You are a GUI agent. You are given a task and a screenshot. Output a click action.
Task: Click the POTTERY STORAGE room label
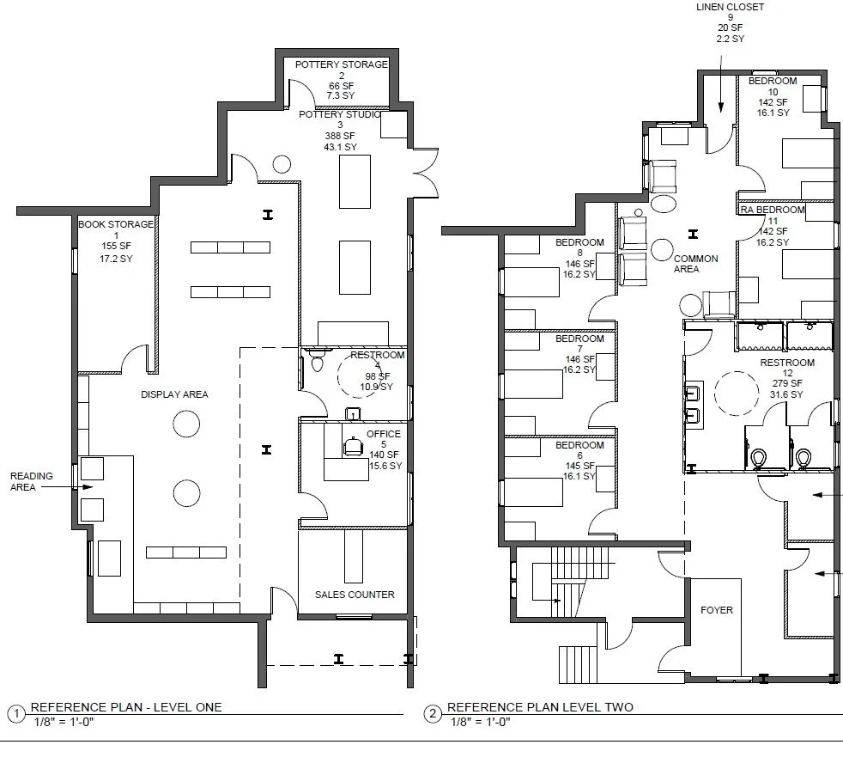click(x=342, y=64)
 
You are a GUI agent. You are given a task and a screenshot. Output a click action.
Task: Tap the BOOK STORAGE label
click(x=116, y=224)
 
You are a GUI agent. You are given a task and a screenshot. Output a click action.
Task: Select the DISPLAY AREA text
click(x=174, y=394)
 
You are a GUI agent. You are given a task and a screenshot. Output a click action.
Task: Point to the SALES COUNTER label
click(x=355, y=595)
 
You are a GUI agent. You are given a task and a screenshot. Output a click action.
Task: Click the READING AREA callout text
click(x=31, y=481)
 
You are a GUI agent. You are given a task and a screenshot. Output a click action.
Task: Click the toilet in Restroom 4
click(x=317, y=360)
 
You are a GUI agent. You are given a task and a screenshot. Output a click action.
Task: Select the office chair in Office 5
click(x=353, y=446)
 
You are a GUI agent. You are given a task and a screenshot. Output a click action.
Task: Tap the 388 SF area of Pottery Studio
click(x=340, y=136)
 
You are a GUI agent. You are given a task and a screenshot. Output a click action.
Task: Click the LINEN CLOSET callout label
click(x=730, y=7)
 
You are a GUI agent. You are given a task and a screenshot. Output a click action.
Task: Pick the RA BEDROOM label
click(x=772, y=210)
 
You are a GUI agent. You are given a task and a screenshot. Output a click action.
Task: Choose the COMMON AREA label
click(x=695, y=264)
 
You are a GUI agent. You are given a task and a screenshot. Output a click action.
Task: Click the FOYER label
click(x=717, y=610)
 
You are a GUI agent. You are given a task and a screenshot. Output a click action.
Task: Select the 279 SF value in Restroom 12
click(x=787, y=383)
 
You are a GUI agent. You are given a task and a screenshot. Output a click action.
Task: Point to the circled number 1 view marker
click(x=16, y=714)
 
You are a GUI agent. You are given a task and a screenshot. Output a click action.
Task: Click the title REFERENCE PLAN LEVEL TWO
click(x=540, y=707)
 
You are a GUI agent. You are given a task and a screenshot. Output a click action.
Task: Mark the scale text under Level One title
click(x=64, y=722)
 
